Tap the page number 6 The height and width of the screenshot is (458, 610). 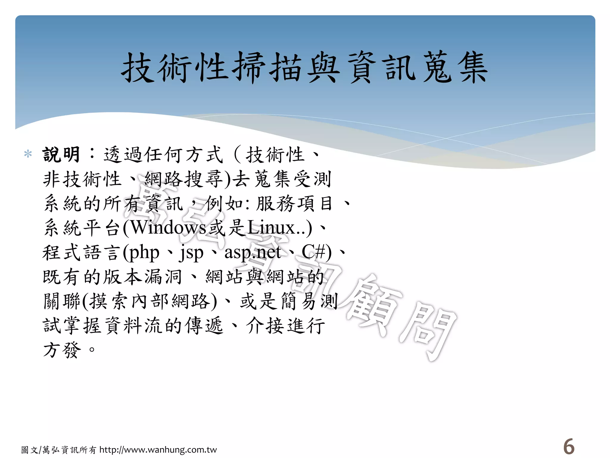[569, 447]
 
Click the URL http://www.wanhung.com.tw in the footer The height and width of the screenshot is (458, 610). [158, 450]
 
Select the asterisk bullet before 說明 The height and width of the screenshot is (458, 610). [28, 154]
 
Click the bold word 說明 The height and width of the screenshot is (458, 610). [61, 155]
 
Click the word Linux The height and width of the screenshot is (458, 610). [271, 228]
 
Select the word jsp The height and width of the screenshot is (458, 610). [191, 253]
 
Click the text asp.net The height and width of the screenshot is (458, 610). [253, 253]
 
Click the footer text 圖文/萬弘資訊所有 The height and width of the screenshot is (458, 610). [59, 450]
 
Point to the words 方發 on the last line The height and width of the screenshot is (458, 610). [62, 350]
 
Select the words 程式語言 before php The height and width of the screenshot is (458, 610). [82, 253]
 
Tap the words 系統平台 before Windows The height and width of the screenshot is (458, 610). [82, 228]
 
